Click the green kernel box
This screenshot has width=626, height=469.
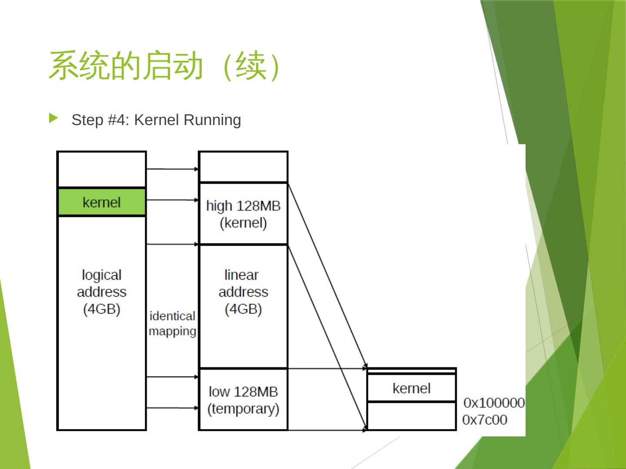(x=102, y=202)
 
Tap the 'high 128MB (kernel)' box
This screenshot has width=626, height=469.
(x=243, y=214)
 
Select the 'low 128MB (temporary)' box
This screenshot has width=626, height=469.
(x=243, y=400)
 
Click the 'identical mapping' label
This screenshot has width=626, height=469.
(x=172, y=324)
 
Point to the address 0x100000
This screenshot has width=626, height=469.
(x=494, y=403)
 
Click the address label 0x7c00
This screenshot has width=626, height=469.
(x=485, y=420)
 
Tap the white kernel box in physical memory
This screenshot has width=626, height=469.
(x=411, y=388)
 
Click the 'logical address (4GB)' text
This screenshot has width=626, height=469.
(x=102, y=292)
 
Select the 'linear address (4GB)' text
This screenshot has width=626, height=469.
(x=243, y=292)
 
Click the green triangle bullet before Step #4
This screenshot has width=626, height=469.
(x=53, y=118)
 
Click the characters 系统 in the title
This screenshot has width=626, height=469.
(x=79, y=66)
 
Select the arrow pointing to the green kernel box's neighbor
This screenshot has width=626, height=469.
(x=172, y=200)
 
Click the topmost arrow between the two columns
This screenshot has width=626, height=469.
(x=172, y=169)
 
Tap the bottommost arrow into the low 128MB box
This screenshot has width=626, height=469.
(x=172, y=408)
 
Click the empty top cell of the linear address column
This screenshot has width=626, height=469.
(x=243, y=167)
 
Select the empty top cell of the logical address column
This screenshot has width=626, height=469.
(x=102, y=169)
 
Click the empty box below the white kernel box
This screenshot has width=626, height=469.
(x=411, y=416)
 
